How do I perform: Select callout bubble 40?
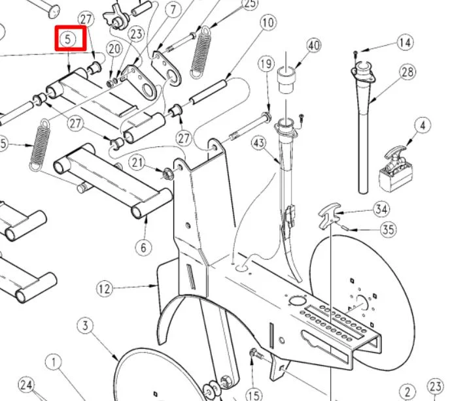314,45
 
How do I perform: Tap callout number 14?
405,43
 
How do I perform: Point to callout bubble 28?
408,72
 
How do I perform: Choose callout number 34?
381,209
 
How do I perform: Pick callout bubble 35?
389,230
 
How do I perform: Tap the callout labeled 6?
144,247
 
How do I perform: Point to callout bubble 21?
137,162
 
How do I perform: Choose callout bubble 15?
254,394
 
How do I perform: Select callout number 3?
86,325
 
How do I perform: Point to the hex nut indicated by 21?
167,173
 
